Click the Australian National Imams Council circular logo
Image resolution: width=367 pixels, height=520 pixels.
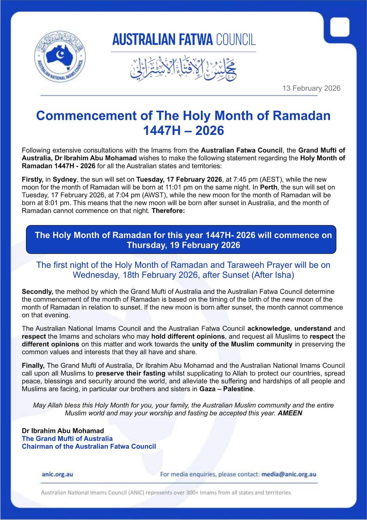coord(60,56)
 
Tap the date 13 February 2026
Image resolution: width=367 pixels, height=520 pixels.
coord(311,88)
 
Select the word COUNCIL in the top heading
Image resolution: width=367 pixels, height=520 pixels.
coord(236,40)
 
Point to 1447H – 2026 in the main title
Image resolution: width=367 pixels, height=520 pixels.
coord(183,131)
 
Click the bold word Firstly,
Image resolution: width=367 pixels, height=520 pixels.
coord(32,180)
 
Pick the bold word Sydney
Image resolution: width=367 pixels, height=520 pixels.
coord(65,180)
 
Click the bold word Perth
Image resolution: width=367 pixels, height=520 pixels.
coord(269,187)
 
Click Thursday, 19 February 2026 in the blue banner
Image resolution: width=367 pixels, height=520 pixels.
coord(183,245)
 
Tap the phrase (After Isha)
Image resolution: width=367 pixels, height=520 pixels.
coord(273,275)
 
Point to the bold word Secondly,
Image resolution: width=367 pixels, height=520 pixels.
coord(37,292)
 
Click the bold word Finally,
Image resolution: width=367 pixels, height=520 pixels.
coord(33,366)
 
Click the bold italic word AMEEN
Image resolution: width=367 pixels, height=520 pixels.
coord(290,413)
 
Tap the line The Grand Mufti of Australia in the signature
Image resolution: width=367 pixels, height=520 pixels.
coord(67,439)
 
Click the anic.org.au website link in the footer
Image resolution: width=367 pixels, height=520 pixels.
coord(57,474)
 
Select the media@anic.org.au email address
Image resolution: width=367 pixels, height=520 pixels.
coord(289,474)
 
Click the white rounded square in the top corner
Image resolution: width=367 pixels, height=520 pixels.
coord(340,27)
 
